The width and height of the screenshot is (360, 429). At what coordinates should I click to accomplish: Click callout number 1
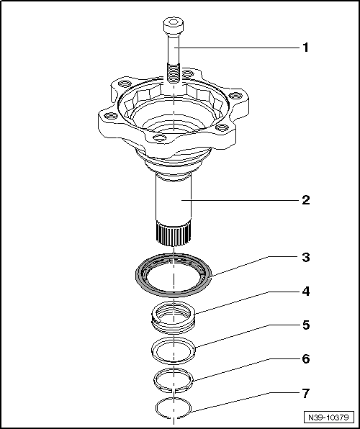pos(305,48)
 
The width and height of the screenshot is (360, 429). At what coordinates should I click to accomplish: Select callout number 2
pos(305,199)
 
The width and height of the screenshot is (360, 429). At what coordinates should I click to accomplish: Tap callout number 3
pos(305,257)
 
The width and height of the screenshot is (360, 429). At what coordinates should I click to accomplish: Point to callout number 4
pos(305,292)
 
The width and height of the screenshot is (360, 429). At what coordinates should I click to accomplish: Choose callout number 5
pos(305,325)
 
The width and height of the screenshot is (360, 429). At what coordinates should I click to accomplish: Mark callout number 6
pos(305,358)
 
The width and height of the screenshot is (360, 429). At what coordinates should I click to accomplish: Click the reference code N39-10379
pos(328,417)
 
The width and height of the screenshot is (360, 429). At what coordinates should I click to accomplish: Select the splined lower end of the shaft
pos(174,232)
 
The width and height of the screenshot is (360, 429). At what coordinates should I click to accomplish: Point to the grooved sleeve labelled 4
pos(174,317)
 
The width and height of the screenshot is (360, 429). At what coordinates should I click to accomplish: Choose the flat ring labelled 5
pos(174,350)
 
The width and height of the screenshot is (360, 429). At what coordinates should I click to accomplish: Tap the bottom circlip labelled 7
pos(174,407)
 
